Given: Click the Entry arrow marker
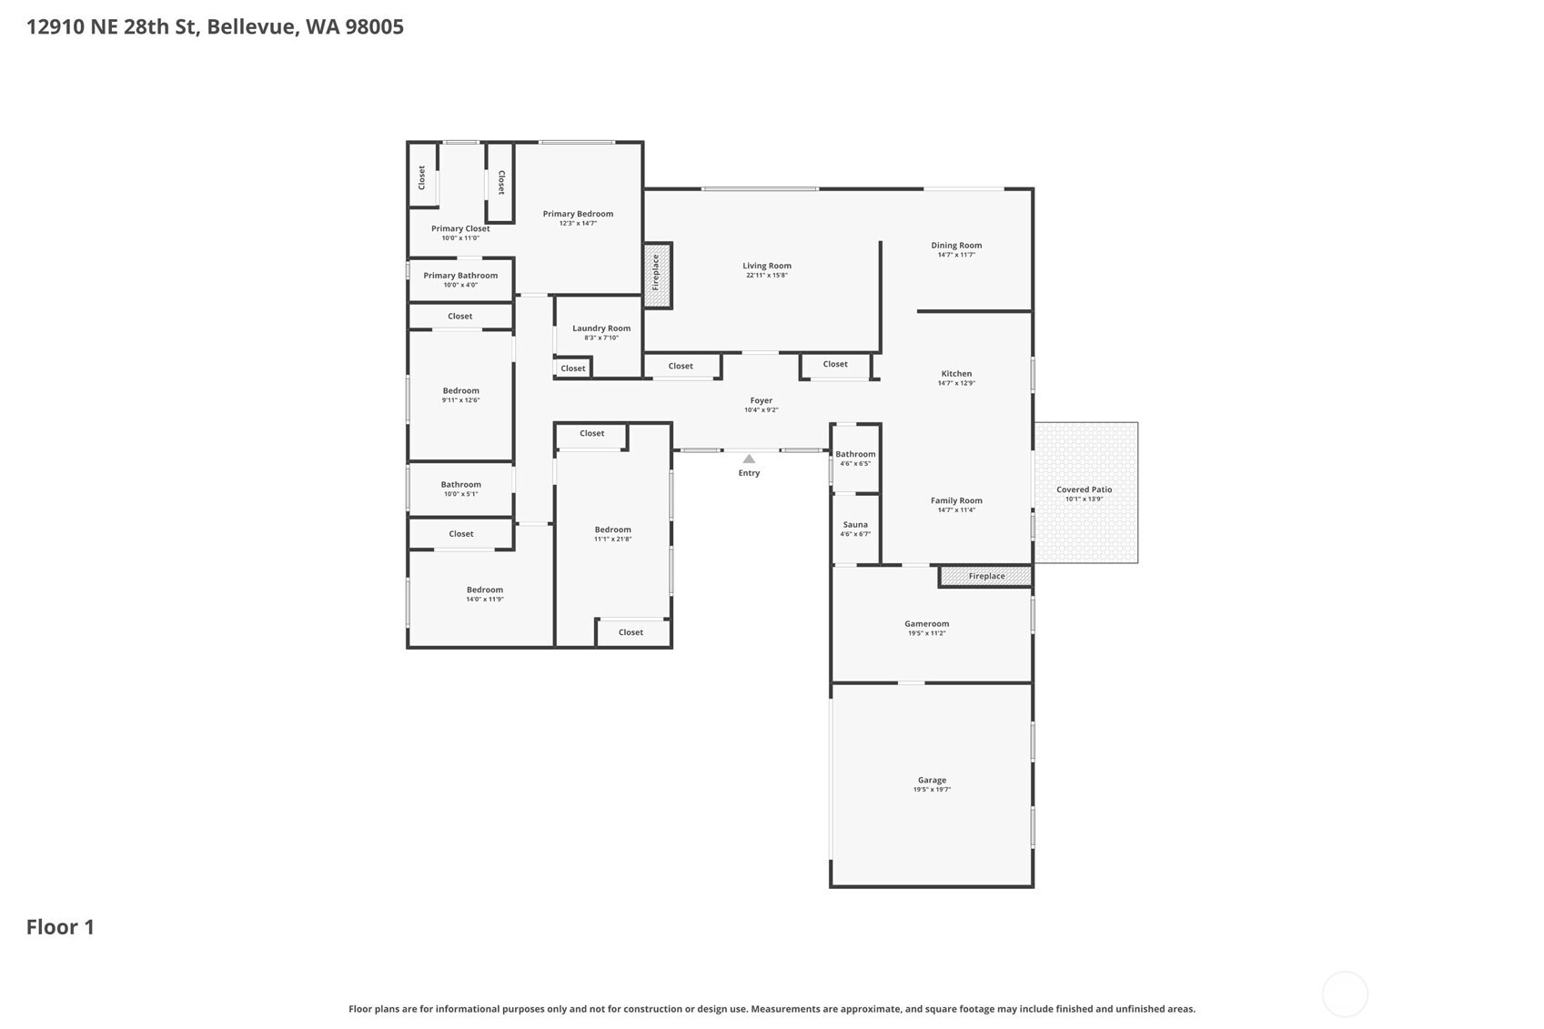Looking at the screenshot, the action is tap(749, 459).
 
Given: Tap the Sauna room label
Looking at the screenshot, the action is tap(855, 524).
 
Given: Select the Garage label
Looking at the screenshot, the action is tap(932, 781).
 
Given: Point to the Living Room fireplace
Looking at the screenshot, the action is tap(658, 275).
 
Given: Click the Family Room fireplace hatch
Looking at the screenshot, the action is tap(986, 576).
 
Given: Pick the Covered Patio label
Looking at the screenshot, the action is tap(1085, 489).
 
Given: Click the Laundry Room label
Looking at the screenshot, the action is tap(601, 328).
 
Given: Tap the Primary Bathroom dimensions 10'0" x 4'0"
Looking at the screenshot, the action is tap(460, 285).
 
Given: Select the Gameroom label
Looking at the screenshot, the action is tap(927, 624).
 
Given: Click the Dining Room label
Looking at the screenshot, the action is tap(957, 246).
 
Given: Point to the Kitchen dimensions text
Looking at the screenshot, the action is tap(957, 383).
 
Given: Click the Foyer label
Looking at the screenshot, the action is tap(761, 400).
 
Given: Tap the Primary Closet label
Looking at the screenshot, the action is tap(460, 229).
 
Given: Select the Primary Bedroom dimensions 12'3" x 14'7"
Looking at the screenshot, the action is tap(578, 223).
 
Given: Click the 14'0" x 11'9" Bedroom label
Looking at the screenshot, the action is tap(485, 590).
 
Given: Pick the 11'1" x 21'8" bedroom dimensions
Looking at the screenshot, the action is tap(612, 539).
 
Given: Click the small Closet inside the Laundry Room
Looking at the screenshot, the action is tap(573, 368).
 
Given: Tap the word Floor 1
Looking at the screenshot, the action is tap(60, 927).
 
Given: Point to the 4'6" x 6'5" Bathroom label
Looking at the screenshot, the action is tap(855, 454).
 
